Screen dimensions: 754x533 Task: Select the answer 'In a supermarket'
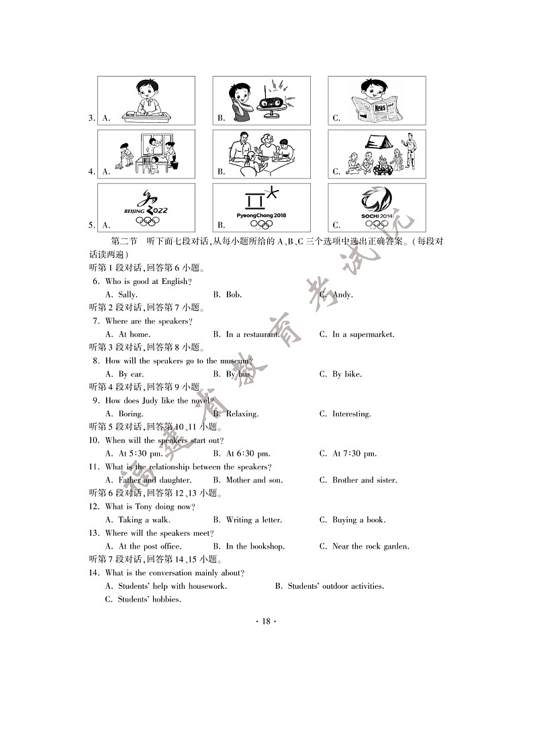pos(363,334)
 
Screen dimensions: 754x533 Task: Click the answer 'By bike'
pos(347,374)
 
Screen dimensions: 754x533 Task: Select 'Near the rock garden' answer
pos(371,546)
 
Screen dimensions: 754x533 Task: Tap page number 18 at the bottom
pos(266,621)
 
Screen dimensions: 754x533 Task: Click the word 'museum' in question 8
pos(235,361)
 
